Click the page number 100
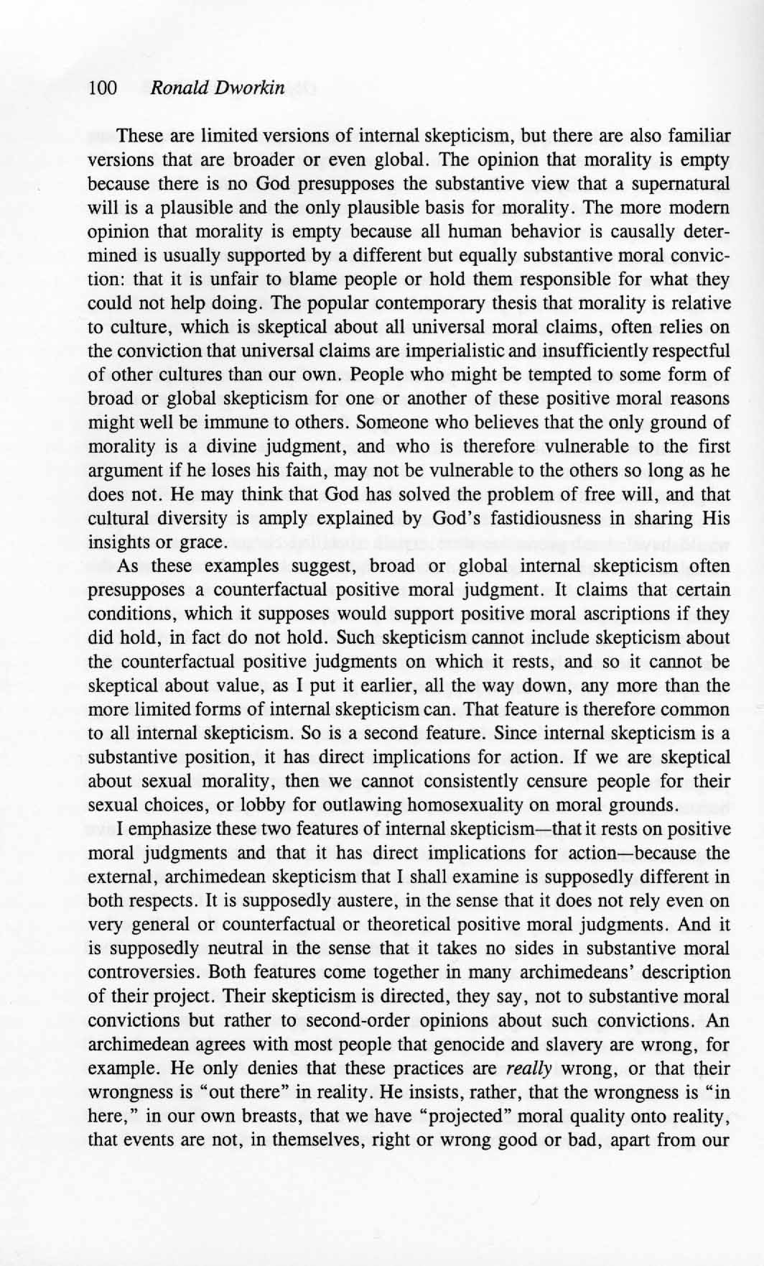pos(103,88)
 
